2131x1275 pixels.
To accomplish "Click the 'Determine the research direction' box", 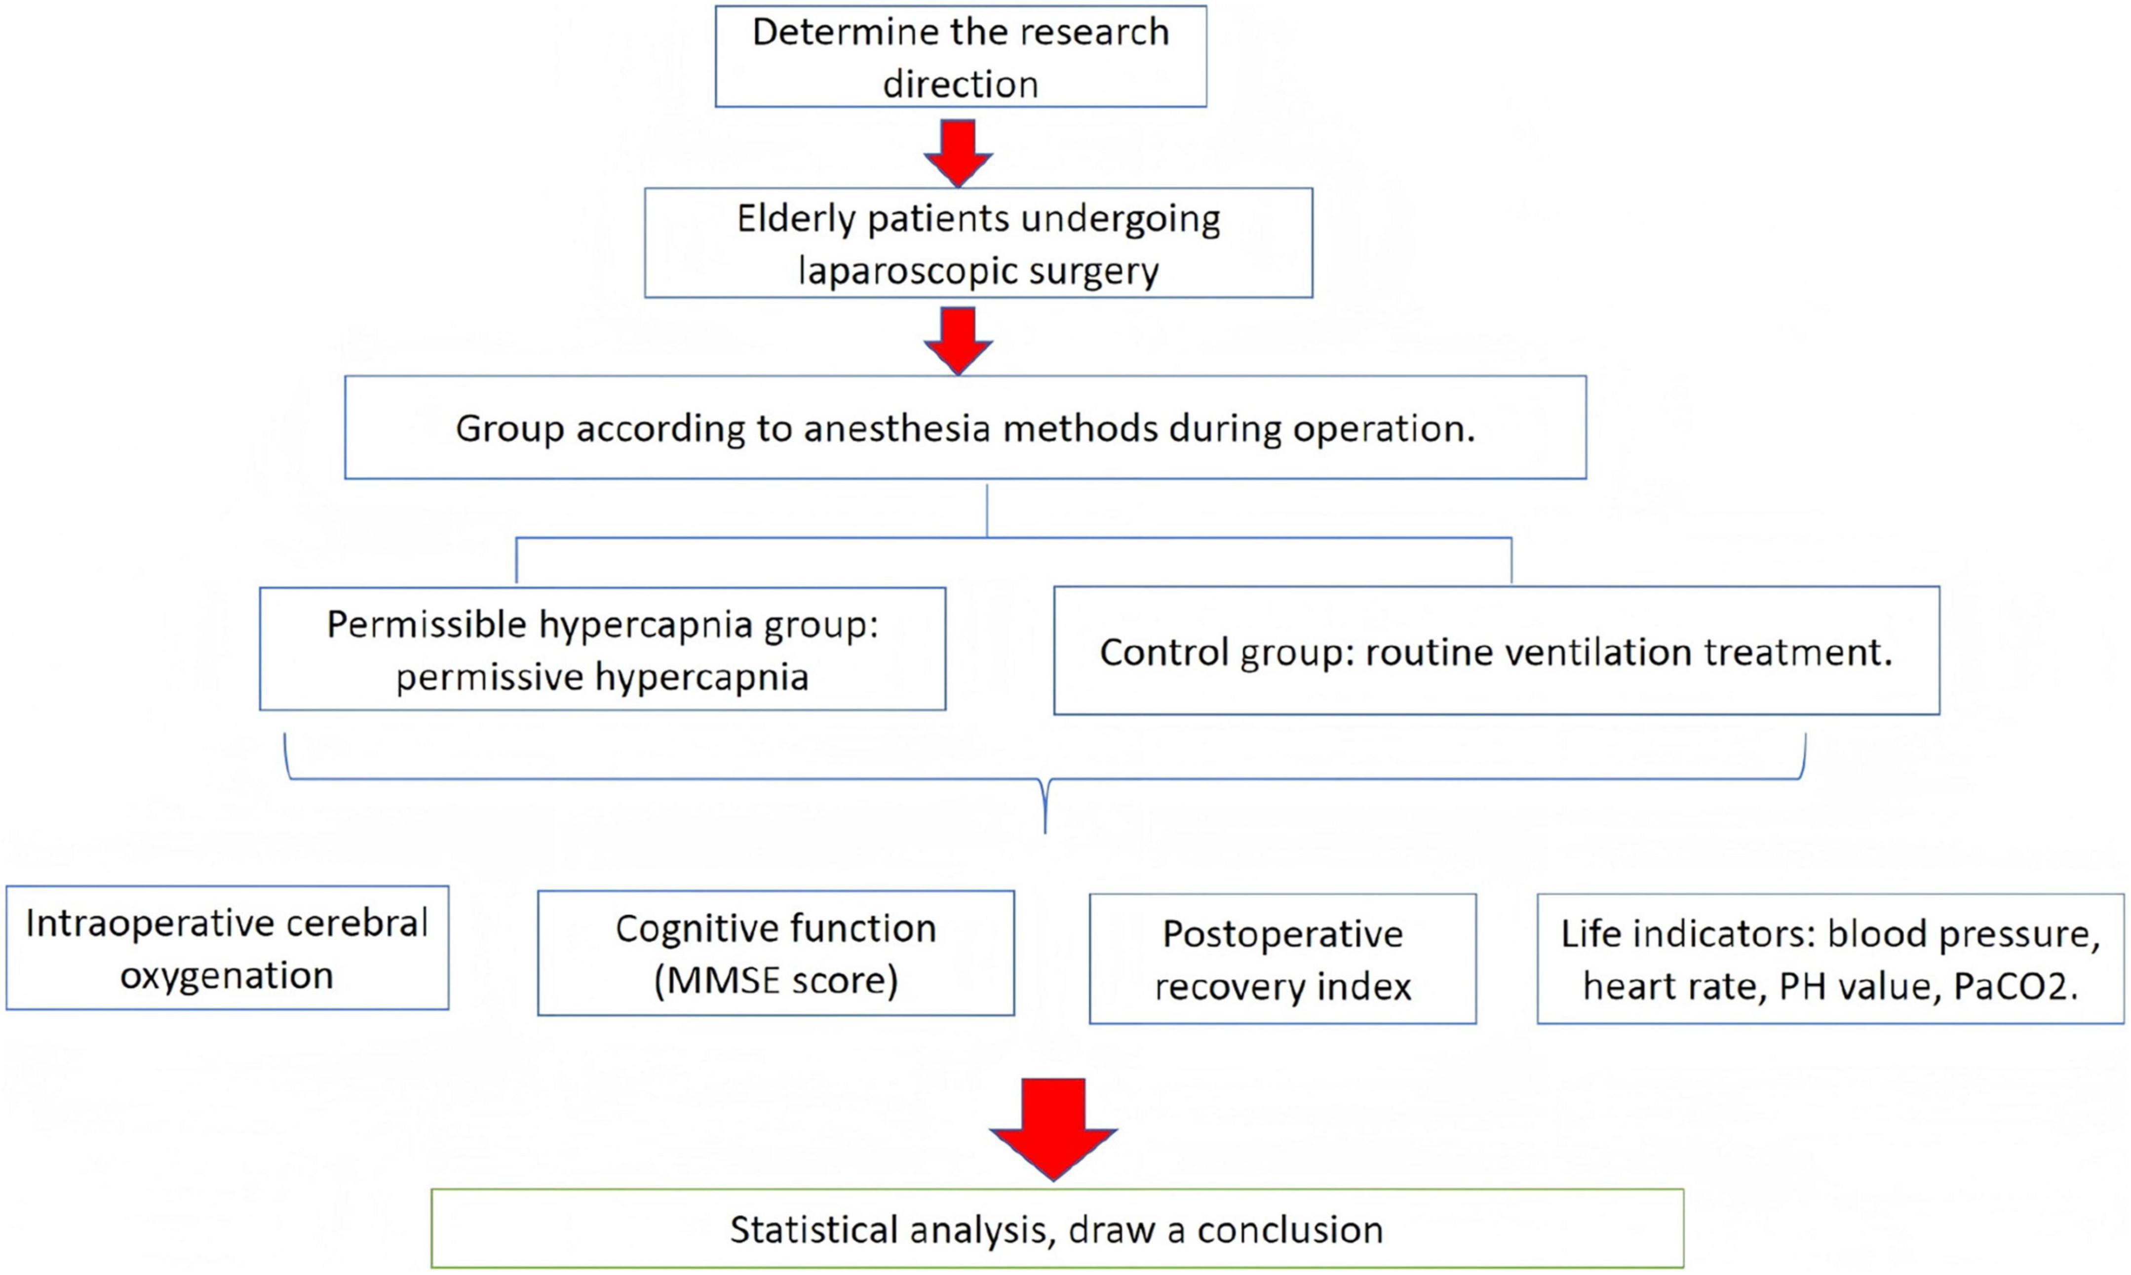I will [x=960, y=57].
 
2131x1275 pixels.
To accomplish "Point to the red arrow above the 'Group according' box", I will [x=959, y=340].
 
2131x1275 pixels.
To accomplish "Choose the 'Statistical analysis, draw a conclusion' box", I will [x=1056, y=1229].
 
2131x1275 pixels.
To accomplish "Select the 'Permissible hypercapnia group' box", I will [x=602, y=649].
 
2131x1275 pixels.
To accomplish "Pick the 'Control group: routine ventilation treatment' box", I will [x=1496, y=651].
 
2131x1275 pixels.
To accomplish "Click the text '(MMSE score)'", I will [x=775, y=980].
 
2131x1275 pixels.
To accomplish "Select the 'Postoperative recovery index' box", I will [x=1282, y=959].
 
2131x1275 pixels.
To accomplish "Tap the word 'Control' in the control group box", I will [x=1164, y=652].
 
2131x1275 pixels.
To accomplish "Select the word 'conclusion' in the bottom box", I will [x=1290, y=1230].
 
